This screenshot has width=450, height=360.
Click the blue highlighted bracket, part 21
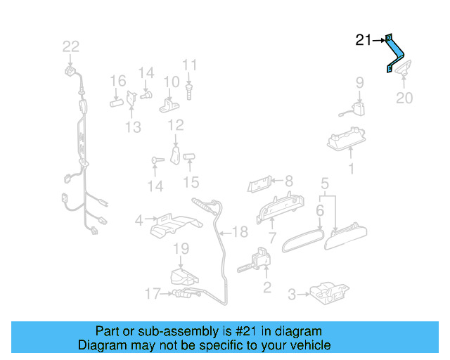tap(397, 53)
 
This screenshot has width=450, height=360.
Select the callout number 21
tap(363, 40)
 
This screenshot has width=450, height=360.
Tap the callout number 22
tap(71, 47)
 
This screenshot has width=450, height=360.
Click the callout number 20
tap(404, 98)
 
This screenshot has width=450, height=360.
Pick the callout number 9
tap(359, 83)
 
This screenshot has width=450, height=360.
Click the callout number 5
tap(324, 184)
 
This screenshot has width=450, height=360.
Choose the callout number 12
tap(175, 126)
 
